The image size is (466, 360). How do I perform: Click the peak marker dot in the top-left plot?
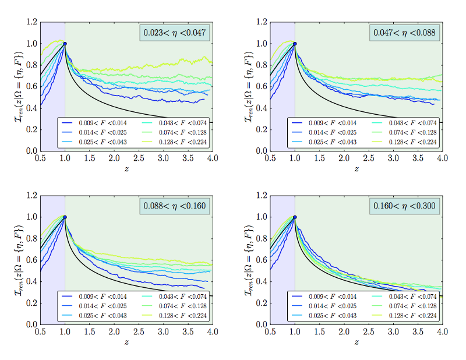(x=65, y=44)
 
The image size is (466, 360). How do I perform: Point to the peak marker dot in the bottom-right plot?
(x=295, y=217)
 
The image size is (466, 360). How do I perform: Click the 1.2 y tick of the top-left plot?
(x=31, y=22)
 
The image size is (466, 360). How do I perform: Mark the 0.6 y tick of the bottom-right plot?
(x=261, y=260)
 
